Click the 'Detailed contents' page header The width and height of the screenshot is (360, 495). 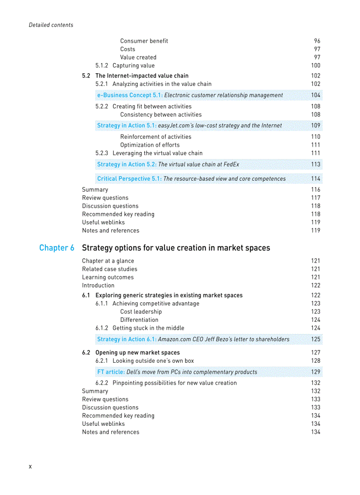[x=51, y=25]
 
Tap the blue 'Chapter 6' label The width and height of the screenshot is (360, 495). [x=56, y=248]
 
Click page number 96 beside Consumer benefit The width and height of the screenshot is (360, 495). [x=317, y=41]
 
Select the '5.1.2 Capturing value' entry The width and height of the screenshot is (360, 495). [x=125, y=66]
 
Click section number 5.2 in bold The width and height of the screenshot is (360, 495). [x=86, y=76]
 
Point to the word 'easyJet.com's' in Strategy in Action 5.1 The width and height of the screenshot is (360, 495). [x=176, y=126]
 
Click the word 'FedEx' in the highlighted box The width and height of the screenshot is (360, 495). [x=231, y=164]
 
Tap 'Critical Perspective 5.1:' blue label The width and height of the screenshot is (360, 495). [x=129, y=179]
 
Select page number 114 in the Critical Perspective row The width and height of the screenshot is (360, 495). [x=315, y=179]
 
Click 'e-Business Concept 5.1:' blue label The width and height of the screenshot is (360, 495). [x=130, y=95]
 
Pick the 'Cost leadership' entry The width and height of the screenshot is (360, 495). [x=141, y=312]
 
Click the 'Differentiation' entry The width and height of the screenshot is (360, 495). [x=139, y=320]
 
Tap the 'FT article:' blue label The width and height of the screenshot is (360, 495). [x=111, y=372]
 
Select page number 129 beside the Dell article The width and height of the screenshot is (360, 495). [x=315, y=372]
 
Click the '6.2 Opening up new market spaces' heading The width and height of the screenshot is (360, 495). [x=131, y=353]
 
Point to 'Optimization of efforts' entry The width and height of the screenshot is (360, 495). [x=150, y=145]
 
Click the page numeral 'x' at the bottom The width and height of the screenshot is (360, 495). [x=30, y=466]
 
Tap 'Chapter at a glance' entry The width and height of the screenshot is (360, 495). [x=108, y=261]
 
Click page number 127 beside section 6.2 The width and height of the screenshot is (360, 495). [x=315, y=353]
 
